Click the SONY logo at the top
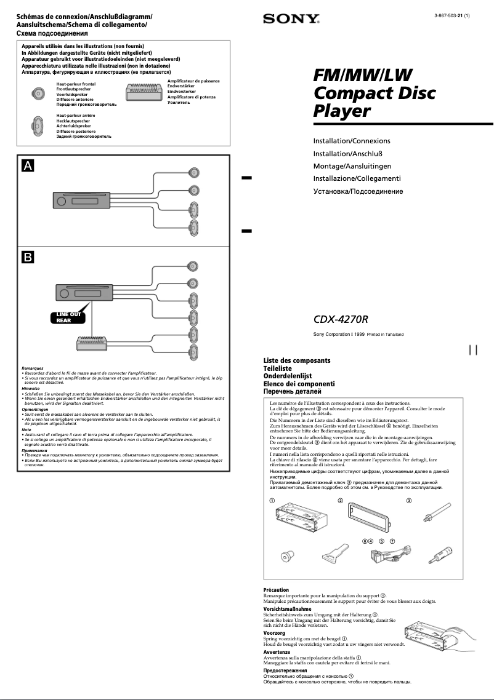tap(291, 20)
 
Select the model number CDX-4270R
tap(341, 319)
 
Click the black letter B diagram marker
tap(28, 257)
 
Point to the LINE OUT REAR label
tap(68, 317)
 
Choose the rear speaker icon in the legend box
tap(38, 125)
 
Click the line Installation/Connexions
tap(352, 141)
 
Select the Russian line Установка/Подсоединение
tap(358, 191)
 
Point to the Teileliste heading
tap(278, 368)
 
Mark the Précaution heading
tap(276, 590)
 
